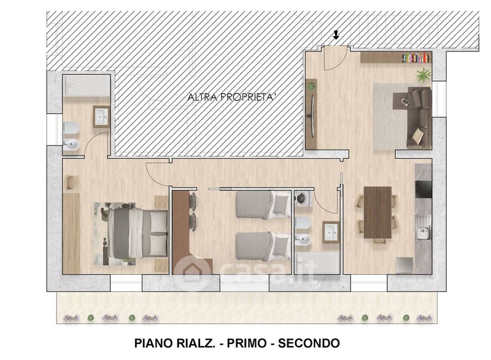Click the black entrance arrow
pos(336,35)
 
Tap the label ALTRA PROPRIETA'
pos(232,97)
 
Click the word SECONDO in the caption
pos(309,343)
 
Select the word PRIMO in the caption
pos(247,343)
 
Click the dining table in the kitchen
pos(377,212)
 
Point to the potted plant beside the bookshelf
pos(423,75)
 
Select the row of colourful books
pos(416,58)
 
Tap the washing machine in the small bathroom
pos(303,198)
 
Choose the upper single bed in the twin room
pos(263,205)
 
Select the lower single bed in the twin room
pos(263,246)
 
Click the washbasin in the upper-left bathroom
pos(101,117)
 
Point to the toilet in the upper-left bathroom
pos(71,128)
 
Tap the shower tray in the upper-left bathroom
pos(86,85)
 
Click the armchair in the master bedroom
pos(71,183)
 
